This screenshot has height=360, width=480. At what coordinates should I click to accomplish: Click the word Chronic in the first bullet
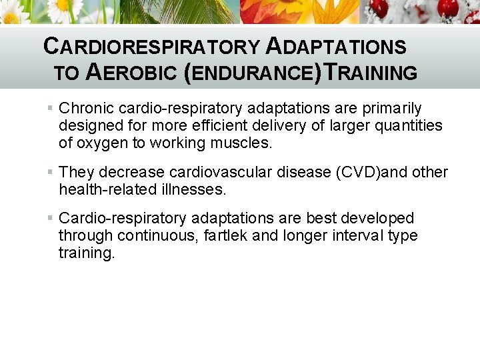83,108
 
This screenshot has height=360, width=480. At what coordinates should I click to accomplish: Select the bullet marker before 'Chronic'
51,108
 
